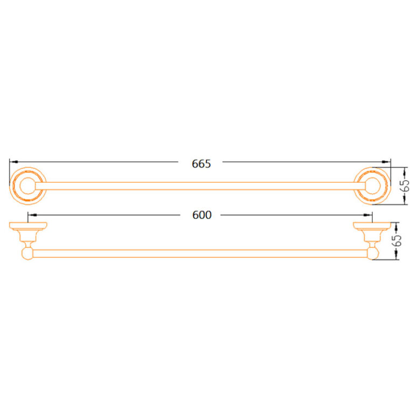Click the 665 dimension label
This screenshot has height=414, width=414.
click(201, 164)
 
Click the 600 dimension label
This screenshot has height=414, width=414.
click(202, 215)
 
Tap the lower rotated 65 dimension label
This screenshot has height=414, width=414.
click(397, 240)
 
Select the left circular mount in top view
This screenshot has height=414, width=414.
click(28, 168)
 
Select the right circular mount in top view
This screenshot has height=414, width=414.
click(372, 168)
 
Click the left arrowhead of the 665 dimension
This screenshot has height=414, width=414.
click(13, 162)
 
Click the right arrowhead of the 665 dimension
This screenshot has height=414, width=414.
click(387, 162)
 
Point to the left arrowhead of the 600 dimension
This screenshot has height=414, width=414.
click(32, 215)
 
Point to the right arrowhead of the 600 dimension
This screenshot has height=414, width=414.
click(368, 215)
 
